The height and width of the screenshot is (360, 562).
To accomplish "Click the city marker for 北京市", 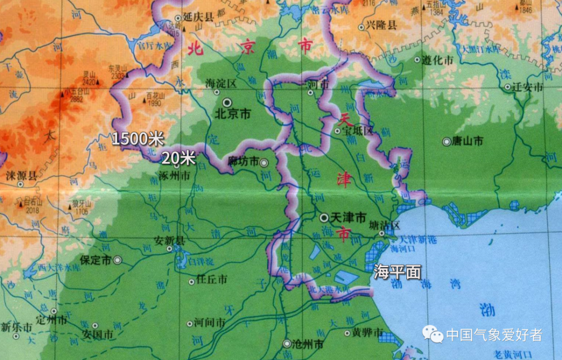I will coord(226,103).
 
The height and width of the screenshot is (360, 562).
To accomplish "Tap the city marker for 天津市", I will coord(324,217).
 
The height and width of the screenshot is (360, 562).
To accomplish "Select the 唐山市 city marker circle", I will coord(446,142).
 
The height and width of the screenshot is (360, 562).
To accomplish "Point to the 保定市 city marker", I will coord(117,260).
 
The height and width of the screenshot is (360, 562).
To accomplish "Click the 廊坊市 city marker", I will coord(264,163).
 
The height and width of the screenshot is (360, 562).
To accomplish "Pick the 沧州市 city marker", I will coord(287,343).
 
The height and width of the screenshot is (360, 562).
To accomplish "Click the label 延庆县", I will coord(202,18).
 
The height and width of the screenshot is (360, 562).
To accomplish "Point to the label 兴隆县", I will coord(382,25).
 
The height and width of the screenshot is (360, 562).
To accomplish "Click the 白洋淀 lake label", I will coord(201,262).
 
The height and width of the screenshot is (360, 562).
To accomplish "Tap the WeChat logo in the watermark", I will coord(433,335).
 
